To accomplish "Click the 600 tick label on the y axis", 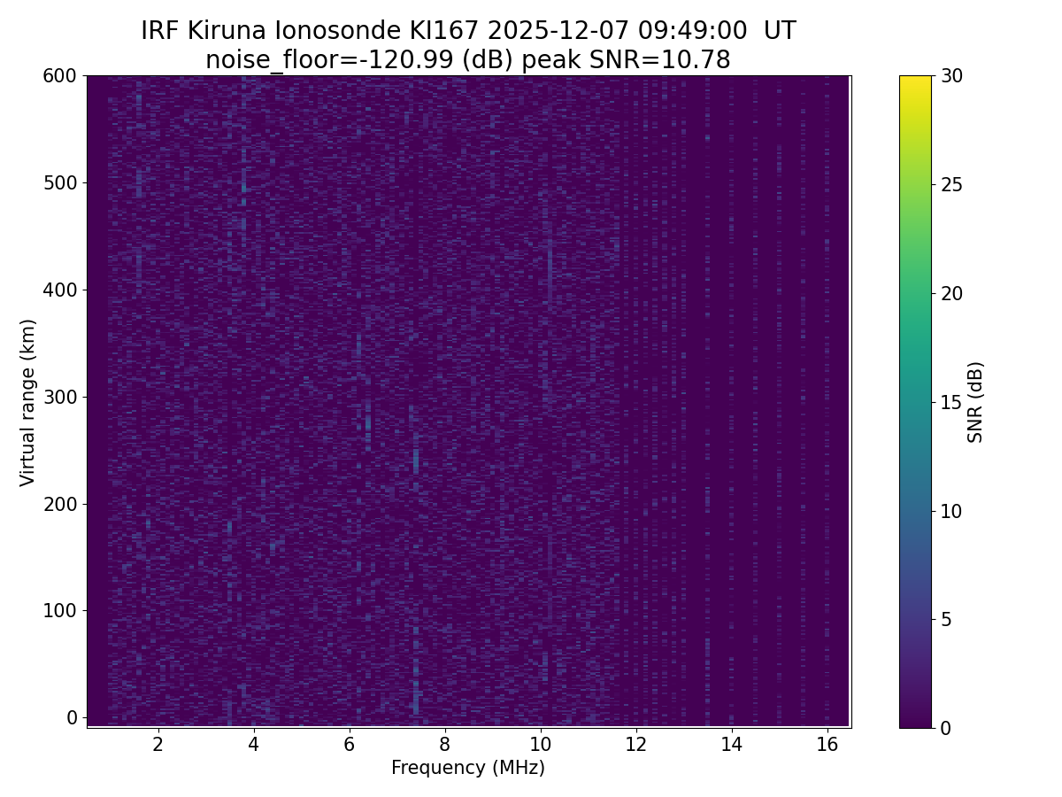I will (x=59, y=76).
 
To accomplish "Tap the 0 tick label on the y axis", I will (x=72, y=717).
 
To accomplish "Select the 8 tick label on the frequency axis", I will (x=444, y=744).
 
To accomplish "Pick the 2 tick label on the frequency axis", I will (x=158, y=744).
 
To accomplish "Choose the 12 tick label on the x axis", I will (x=635, y=744).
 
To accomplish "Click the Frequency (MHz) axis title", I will (x=468, y=768).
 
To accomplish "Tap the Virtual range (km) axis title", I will (x=28, y=402).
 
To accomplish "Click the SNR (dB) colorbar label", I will (x=975, y=402).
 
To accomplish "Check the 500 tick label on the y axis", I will (x=59, y=183).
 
